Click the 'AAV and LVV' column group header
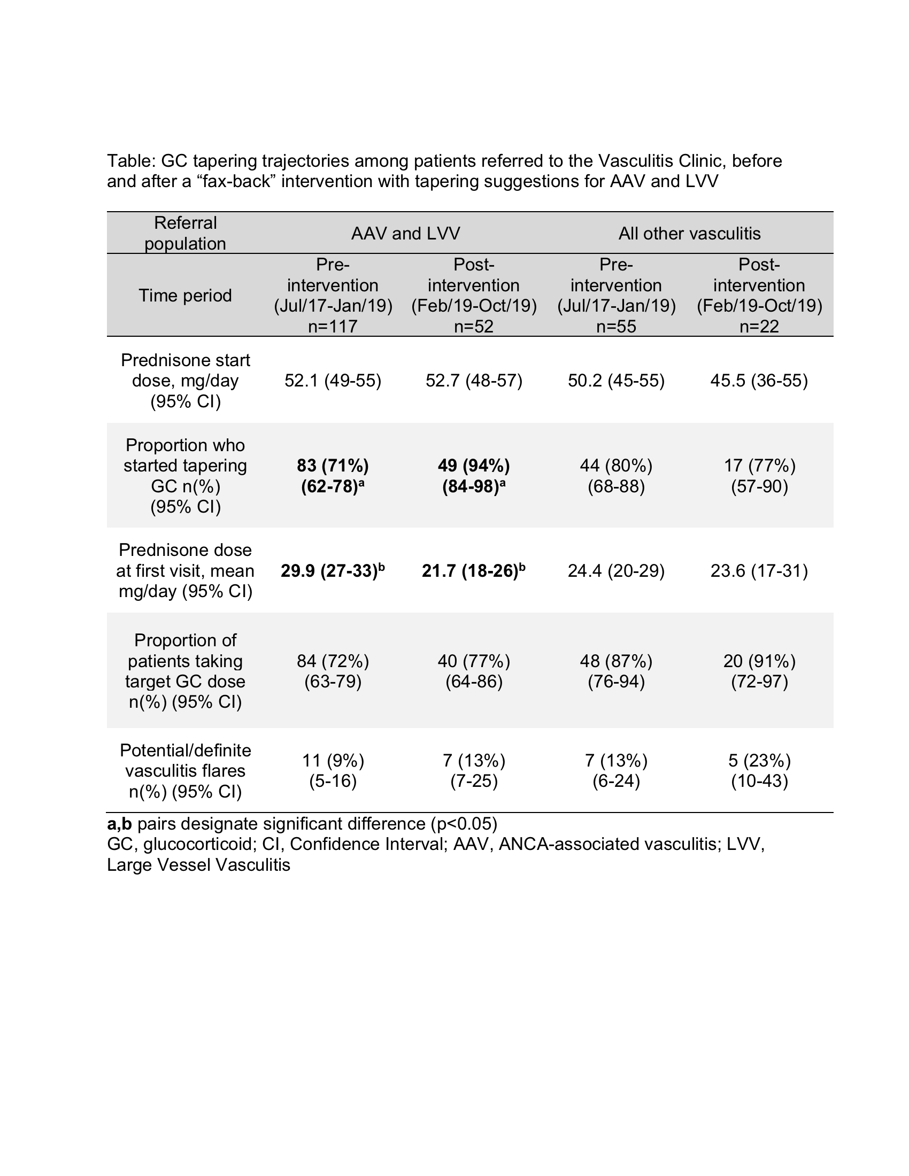(x=405, y=233)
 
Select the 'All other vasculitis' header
(x=689, y=233)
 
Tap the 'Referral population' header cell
(x=185, y=233)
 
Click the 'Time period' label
(x=185, y=295)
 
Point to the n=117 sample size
(x=333, y=326)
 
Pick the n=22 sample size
(x=759, y=326)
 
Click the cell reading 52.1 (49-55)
(x=333, y=381)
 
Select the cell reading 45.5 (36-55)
(x=759, y=381)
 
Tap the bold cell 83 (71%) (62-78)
(x=333, y=475)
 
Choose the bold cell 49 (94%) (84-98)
(x=474, y=475)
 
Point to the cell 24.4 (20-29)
(x=616, y=570)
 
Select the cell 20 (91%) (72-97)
(x=759, y=671)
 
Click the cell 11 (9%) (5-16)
(x=333, y=770)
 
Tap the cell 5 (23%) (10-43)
(x=759, y=770)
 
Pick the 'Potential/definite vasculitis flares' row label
(x=185, y=770)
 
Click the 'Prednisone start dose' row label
(x=185, y=381)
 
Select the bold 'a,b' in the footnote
(x=120, y=824)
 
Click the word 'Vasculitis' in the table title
(x=636, y=161)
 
